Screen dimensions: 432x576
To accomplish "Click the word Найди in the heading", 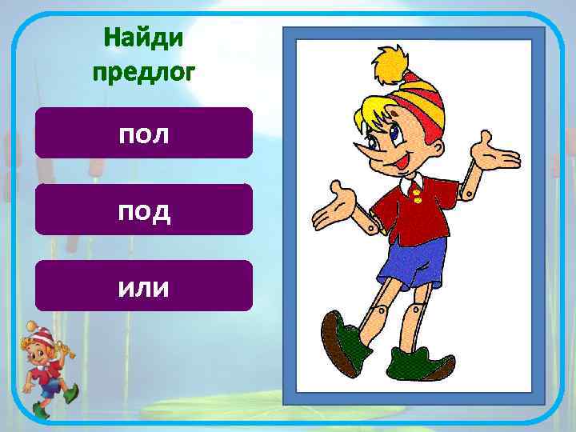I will point(143,38).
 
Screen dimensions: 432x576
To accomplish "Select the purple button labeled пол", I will point(144,133).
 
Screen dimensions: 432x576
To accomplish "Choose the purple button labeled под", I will point(144,210).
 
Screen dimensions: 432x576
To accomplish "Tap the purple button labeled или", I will point(144,286).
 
